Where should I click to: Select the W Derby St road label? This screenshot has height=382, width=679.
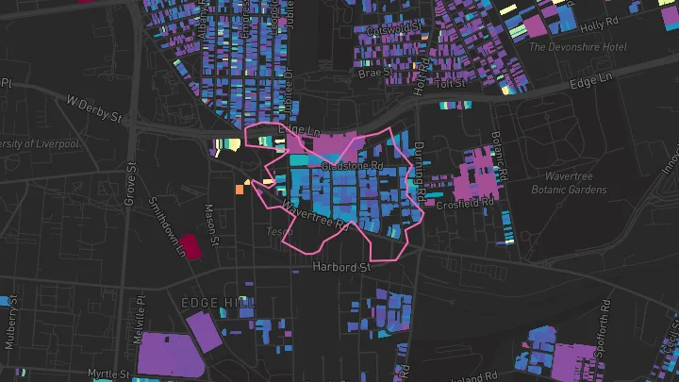click(x=94, y=108)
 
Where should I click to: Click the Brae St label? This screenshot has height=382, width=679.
click(x=373, y=72)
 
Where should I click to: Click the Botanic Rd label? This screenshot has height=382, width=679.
click(x=499, y=154)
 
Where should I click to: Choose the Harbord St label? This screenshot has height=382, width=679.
click(x=341, y=268)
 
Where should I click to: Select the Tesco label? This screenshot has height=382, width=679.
click(x=280, y=231)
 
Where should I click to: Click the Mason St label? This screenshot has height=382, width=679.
click(x=213, y=226)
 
